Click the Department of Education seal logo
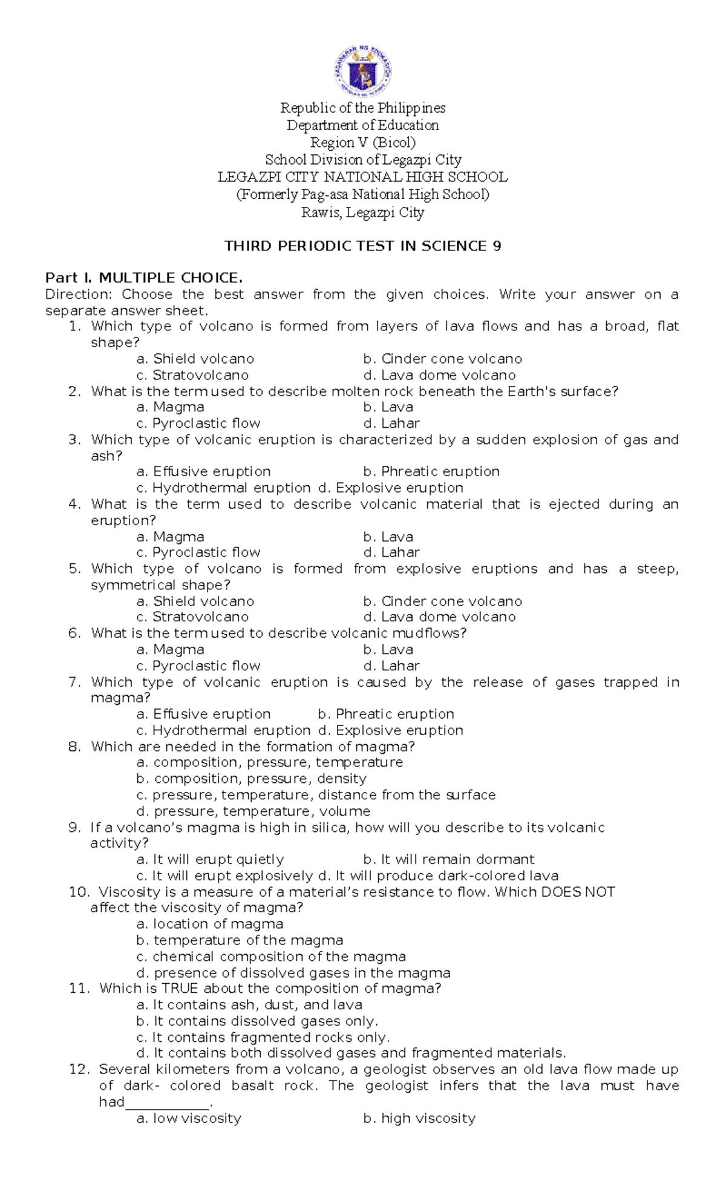pyautogui.click(x=363, y=72)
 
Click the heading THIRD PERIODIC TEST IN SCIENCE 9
pyautogui.click(x=362, y=246)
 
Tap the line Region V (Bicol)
pyautogui.click(x=363, y=143)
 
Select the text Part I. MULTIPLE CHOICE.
pyautogui.click(x=144, y=278)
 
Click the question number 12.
pyautogui.click(x=79, y=1069)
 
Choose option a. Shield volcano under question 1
pyautogui.click(x=195, y=359)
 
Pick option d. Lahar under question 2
pyautogui.click(x=391, y=424)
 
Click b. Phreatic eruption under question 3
pyautogui.click(x=431, y=471)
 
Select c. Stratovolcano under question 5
pyautogui.click(x=193, y=617)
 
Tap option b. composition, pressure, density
pyautogui.click(x=252, y=779)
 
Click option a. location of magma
pyautogui.click(x=210, y=924)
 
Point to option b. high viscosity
pyautogui.click(x=419, y=1118)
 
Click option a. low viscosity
pyautogui.click(x=189, y=1118)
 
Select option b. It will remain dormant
pyautogui.click(x=449, y=859)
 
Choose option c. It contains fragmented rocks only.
pyautogui.click(x=263, y=1037)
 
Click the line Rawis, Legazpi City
pyautogui.click(x=363, y=212)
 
